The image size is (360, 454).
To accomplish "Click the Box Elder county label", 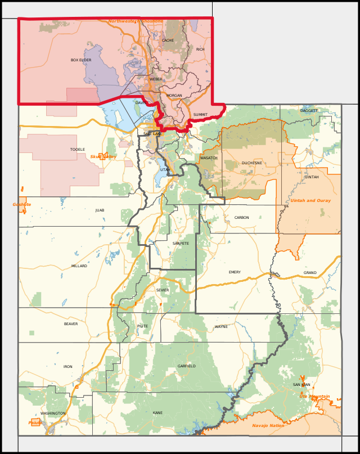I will (81, 60).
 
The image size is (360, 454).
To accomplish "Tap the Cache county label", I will (168, 41).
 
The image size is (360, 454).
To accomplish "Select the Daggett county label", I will (309, 111).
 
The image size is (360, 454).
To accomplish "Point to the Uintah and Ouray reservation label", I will (310, 200).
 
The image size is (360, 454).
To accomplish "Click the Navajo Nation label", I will (268, 425).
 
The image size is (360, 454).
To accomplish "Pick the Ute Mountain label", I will (314, 397).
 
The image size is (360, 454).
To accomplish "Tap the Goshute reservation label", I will (22, 205).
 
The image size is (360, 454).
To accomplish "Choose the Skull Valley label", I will (103, 156).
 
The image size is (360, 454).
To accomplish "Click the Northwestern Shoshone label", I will (136, 21).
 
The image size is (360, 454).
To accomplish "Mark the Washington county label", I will (53, 413).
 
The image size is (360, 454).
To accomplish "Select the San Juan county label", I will (301, 384).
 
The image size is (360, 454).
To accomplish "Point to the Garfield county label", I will (187, 366).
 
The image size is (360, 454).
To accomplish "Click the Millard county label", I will (79, 266).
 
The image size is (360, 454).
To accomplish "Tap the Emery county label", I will (235, 272).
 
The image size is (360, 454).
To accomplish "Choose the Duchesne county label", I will (252, 163).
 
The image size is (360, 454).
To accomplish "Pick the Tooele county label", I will (78, 149).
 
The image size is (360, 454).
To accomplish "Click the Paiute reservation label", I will (35, 422).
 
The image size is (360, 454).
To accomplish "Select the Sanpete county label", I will (181, 243).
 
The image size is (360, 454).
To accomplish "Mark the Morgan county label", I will (174, 96).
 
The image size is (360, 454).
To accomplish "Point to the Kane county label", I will (157, 413).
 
